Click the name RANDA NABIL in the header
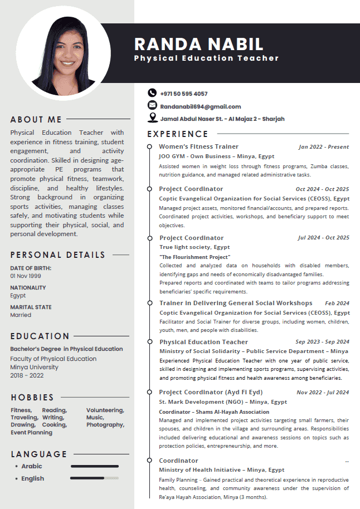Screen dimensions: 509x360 pos(198,44)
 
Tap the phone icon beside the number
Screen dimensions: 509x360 pos(152,93)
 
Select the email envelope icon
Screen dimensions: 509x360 pos(152,105)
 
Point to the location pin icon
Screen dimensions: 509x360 pos(152,118)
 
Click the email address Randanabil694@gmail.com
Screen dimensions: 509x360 pos(200,106)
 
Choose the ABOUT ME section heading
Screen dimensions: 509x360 pos(36,119)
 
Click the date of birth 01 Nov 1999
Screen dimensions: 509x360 pos(26,276)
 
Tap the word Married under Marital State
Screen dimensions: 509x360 pos(21,315)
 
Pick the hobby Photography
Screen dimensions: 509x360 pos(105,425)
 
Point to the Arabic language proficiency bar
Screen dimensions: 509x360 pos(94,466)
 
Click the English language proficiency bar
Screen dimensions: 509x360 pos(94,478)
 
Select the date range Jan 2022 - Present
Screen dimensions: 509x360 pos(324,147)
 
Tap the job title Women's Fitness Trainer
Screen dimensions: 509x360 pos(198,146)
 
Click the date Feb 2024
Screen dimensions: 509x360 pos(337,304)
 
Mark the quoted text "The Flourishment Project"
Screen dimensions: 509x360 pos(194,257)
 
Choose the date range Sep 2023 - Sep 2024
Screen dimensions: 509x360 pos(322,342)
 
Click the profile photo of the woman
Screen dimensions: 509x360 pos(63,53)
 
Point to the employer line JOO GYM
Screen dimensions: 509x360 pos(216,156)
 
